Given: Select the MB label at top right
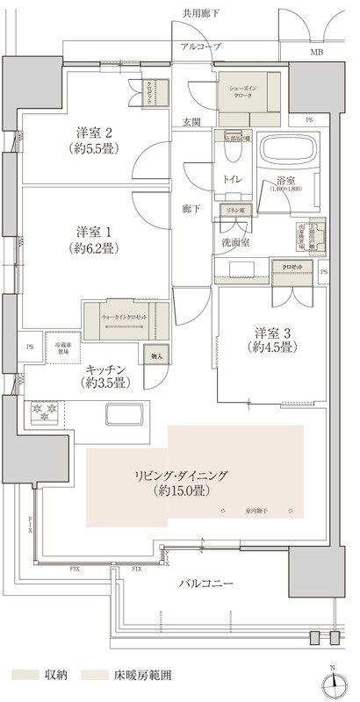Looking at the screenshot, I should coord(315,52).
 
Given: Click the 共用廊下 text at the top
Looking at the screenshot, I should coord(200,13).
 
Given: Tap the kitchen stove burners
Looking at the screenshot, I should coord(43,412).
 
